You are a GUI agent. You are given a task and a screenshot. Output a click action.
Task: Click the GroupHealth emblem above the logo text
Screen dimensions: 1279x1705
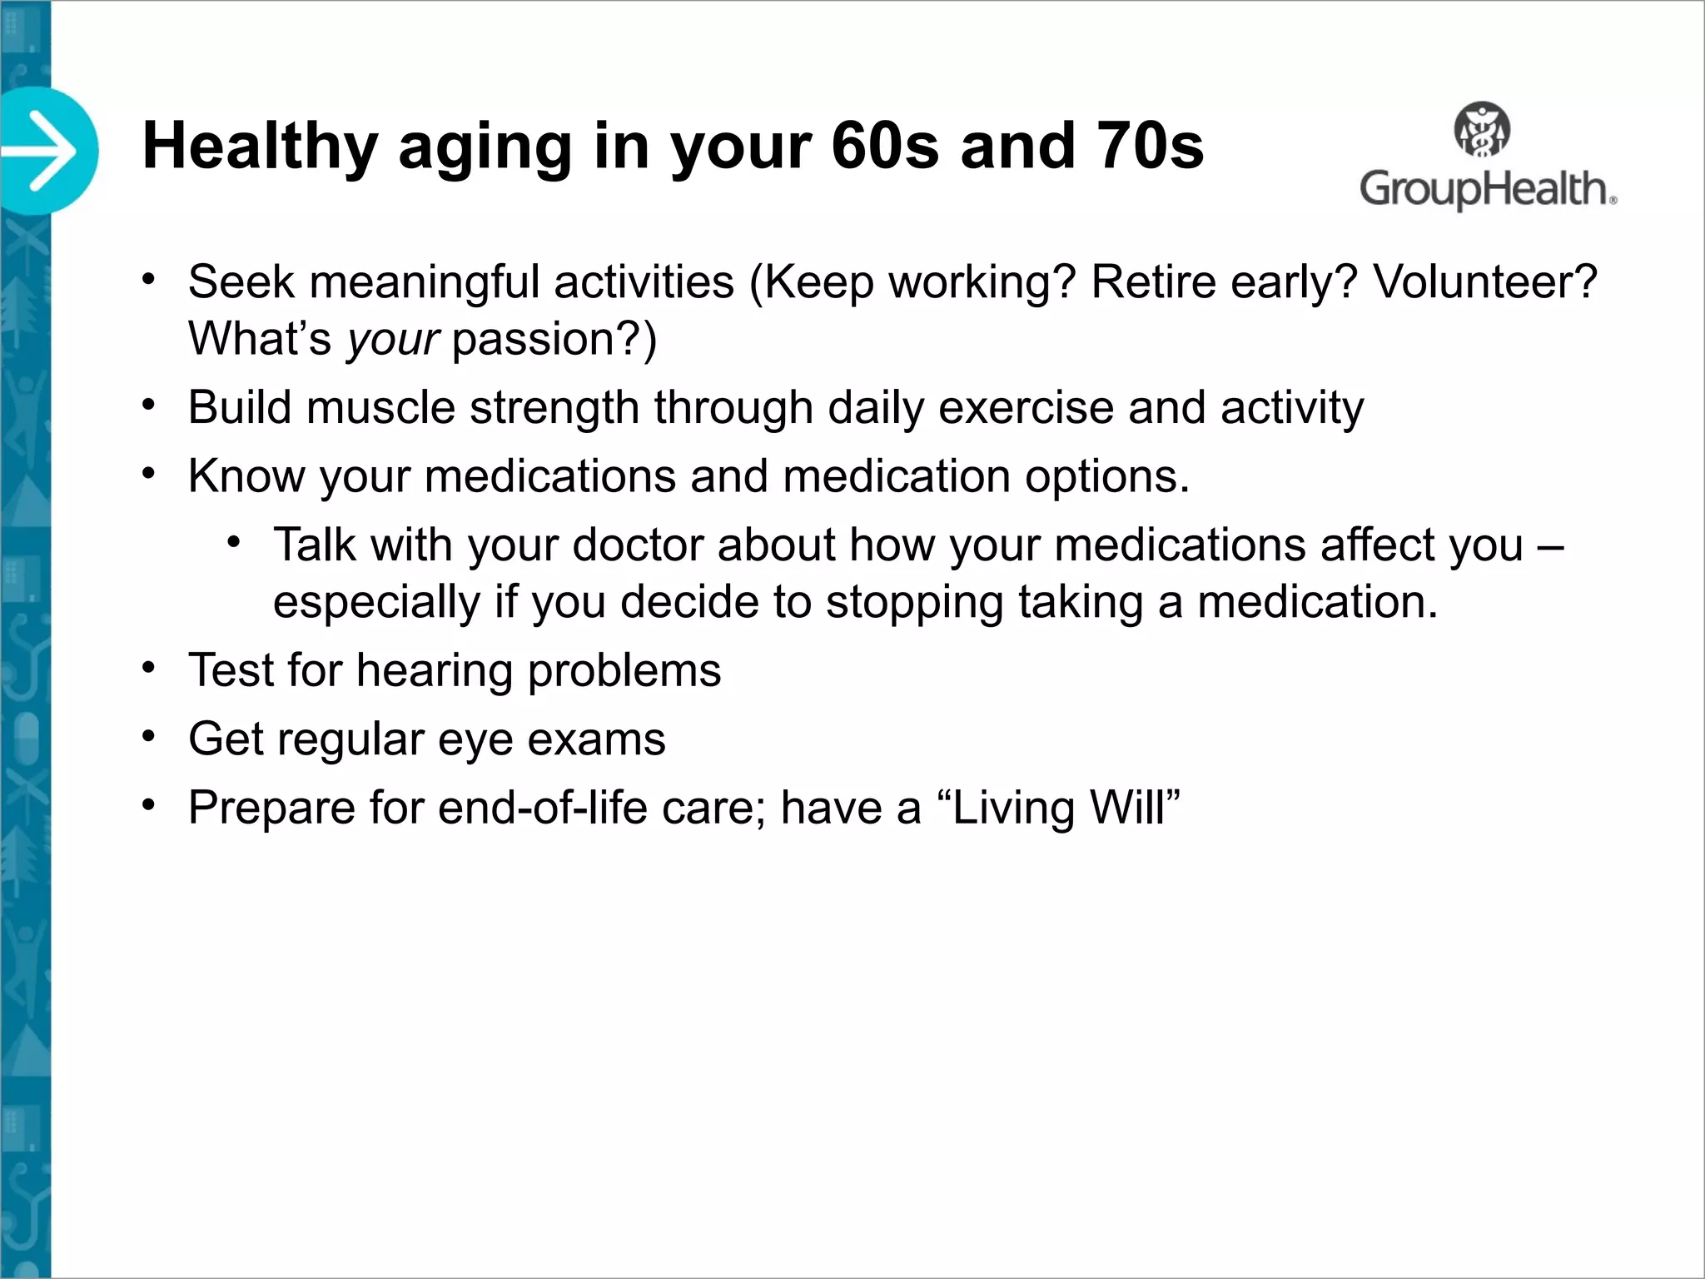tap(1482, 130)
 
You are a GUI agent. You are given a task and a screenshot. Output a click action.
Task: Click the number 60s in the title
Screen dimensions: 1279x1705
tap(886, 147)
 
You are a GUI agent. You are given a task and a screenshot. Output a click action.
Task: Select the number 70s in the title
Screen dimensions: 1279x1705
tap(1151, 147)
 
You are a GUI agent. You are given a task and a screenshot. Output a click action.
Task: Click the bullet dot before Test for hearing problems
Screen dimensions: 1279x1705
tap(149, 668)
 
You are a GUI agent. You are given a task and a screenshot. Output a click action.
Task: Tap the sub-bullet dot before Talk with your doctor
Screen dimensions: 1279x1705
tap(234, 543)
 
